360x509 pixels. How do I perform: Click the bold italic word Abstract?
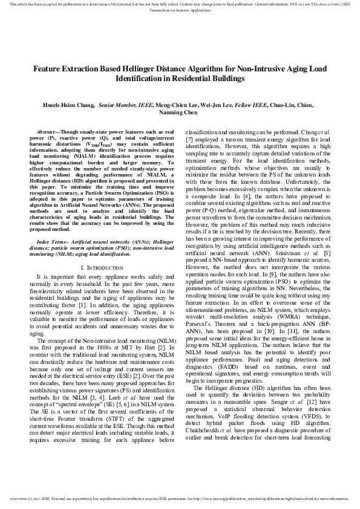(47, 131)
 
